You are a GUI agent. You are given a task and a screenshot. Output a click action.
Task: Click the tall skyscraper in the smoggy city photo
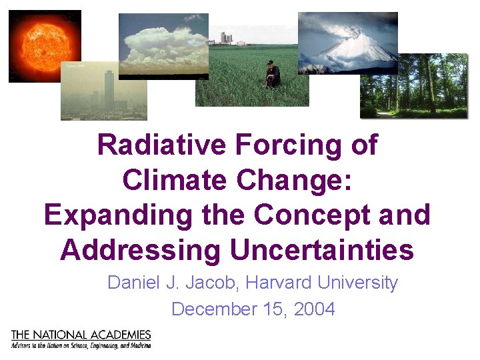109,90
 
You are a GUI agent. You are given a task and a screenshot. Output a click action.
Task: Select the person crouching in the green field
271,75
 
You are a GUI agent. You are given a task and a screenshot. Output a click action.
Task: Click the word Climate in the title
177,180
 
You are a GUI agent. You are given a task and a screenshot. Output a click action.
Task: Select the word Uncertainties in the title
322,251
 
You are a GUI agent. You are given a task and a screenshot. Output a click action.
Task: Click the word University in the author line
358,283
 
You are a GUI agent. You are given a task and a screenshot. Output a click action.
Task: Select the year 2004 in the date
313,309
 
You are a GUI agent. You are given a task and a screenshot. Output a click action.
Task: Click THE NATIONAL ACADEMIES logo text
81,335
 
